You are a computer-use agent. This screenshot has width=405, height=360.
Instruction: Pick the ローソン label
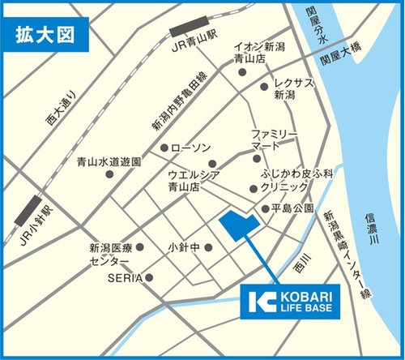[x=192, y=148]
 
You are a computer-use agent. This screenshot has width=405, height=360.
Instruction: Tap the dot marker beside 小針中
[x=211, y=247]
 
